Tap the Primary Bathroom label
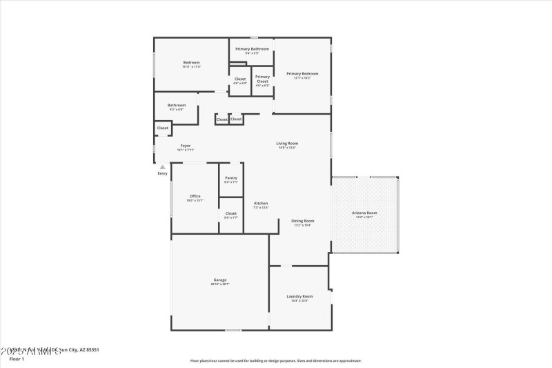tap(252, 49)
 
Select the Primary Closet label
tap(262, 79)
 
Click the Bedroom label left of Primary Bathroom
tap(191, 62)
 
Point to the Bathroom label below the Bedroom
tap(176, 105)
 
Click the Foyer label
tap(185, 146)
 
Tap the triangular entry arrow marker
tap(162, 166)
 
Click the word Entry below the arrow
tap(162, 173)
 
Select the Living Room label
tap(287, 143)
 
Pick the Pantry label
tap(230, 177)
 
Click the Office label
tap(195, 196)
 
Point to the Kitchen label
tap(261, 203)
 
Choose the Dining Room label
tap(302, 221)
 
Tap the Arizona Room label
tap(364, 213)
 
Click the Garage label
tap(219, 280)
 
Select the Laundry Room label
tap(299, 296)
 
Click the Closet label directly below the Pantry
tap(230, 213)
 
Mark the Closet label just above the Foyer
tap(162, 128)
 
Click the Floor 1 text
tap(16, 359)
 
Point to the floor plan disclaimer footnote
tap(275, 360)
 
